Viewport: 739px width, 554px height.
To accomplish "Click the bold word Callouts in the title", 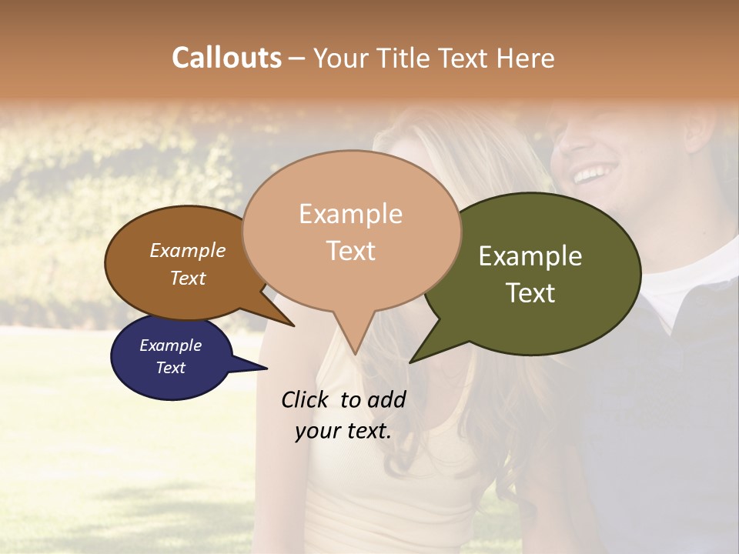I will (x=226, y=58).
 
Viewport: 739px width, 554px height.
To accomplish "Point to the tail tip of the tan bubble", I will (x=354, y=353).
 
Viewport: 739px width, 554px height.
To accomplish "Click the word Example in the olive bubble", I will (x=530, y=256).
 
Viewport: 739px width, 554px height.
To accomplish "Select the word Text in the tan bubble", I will (x=351, y=251).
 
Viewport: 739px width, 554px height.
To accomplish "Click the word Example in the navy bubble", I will (x=170, y=345).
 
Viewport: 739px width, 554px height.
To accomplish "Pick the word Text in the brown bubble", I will (x=188, y=278).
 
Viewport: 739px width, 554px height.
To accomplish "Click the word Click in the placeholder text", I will (x=306, y=399).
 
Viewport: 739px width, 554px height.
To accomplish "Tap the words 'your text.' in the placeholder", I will (x=343, y=432).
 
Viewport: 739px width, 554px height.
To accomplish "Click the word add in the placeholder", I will (x=386, y=399).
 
